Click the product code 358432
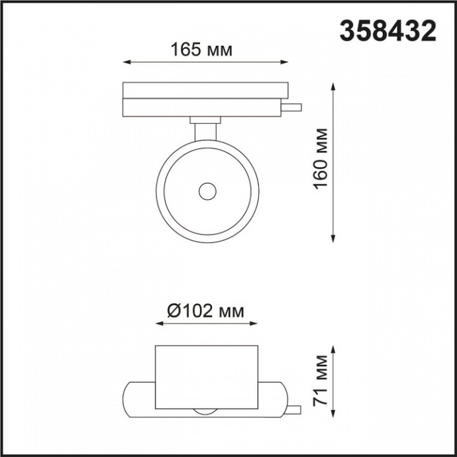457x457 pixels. pos(388,30)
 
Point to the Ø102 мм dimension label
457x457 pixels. pos(205,311)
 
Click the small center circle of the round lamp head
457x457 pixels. pos(207,191)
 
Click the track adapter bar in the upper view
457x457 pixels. pos(205,98)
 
